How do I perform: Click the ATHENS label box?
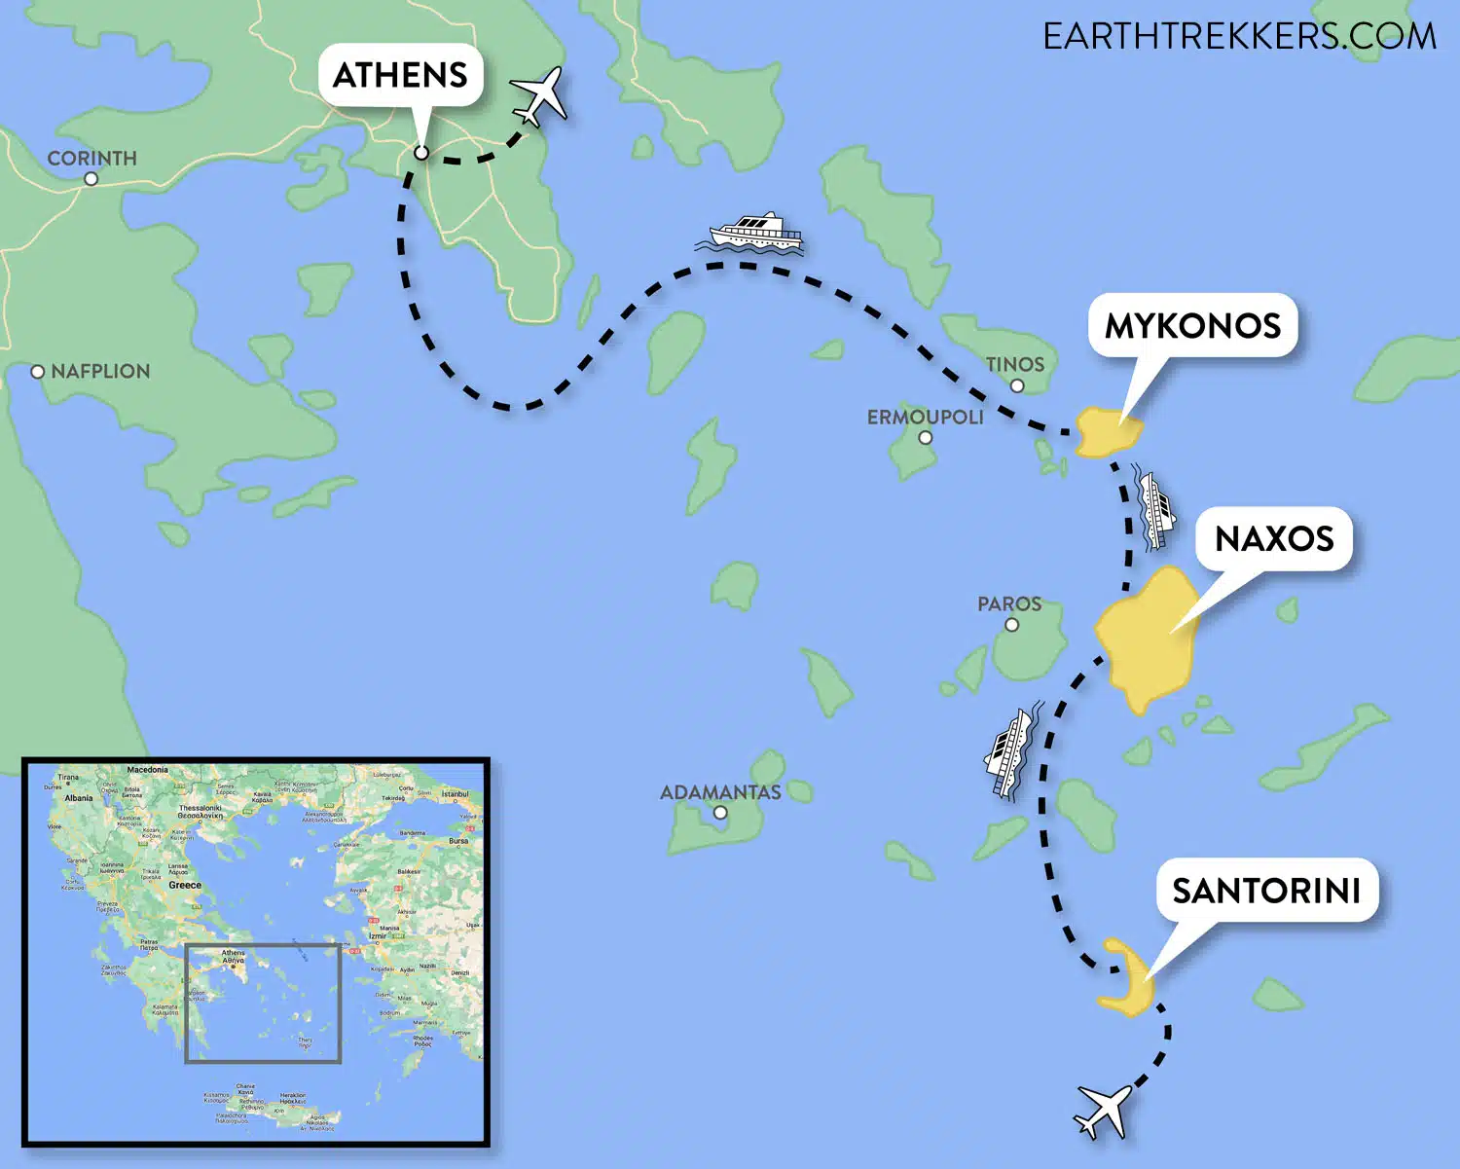(x=400, y=75)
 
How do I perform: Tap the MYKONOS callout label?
(x=1192, y=325)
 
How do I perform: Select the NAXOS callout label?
(x=1274, y=538)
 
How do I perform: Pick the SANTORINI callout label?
(x=1266, y=890)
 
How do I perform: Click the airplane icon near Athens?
(x=538, y=96)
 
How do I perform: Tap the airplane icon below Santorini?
(x=1104, y=1111)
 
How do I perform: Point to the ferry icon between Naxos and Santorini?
(x=1011, y=753)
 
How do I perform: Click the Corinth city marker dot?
(x=91, y=179)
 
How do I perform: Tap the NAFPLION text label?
(x=100, y=372)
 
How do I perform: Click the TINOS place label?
(x=1014, y=364)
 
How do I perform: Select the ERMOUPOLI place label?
(x=925, y=417)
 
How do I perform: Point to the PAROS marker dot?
(x=1011, y=625)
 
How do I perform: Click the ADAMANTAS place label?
(x=720, y=792)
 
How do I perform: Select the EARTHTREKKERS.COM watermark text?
(x=1239, y=37)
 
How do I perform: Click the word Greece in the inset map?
(x=185, y=885)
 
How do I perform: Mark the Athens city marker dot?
(x=421, y=153)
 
